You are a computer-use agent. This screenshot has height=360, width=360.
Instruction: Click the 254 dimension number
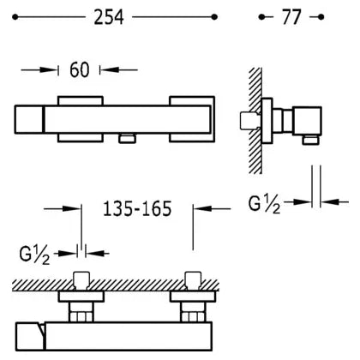(109, 17)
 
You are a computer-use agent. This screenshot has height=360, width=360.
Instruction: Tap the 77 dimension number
(291, 17)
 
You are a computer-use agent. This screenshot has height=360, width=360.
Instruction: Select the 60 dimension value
(79, 69)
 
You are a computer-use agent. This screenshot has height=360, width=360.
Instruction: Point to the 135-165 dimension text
(137, 208)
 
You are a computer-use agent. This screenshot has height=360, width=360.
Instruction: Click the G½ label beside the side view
(264, 204)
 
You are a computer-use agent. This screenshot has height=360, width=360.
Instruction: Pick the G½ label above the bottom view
(34, 255)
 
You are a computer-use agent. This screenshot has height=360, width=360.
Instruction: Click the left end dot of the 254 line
(15, 17)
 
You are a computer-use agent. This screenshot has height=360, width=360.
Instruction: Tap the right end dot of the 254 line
(214, 17)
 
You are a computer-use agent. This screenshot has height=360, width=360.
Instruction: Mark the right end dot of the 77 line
(321, 17)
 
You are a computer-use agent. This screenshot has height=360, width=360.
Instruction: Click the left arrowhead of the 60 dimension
(49, 69)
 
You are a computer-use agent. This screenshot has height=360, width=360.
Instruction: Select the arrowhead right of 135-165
(203, 208)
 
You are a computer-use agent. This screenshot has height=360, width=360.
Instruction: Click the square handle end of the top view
(29, 119)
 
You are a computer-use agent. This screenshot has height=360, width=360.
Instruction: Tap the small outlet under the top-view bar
(128, 139)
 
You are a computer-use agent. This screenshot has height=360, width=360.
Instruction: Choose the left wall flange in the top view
(81, 119)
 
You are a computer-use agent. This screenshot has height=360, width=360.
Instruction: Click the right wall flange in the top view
(192, 119)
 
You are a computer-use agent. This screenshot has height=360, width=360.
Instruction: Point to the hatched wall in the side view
(255, 120)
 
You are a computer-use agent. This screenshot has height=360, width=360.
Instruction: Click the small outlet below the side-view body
(310, 140)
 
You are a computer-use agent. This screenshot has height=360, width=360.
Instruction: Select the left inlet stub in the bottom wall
(81, 280)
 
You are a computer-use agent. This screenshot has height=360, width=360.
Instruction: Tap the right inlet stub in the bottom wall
(193, 280)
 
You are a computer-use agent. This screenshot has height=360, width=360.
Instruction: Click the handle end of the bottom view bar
(30, 337)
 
